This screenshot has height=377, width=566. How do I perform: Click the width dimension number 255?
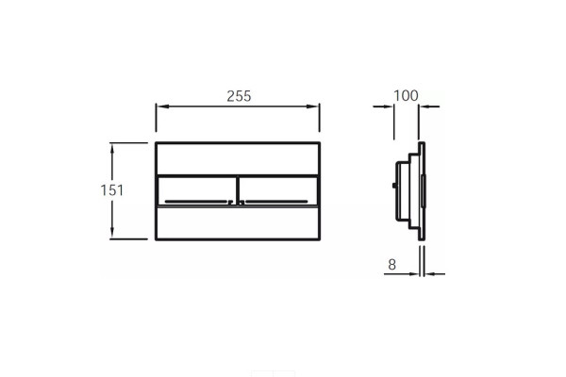point(239,96)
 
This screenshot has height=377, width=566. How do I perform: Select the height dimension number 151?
point(112,190)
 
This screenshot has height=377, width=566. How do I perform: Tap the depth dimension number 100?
point(406,95)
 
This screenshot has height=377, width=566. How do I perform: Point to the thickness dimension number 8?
point(392,265)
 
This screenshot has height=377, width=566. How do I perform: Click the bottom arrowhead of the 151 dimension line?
point(112,232)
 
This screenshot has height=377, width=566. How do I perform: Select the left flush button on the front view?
point(197,191)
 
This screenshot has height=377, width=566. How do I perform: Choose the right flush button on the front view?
point(278,191)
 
